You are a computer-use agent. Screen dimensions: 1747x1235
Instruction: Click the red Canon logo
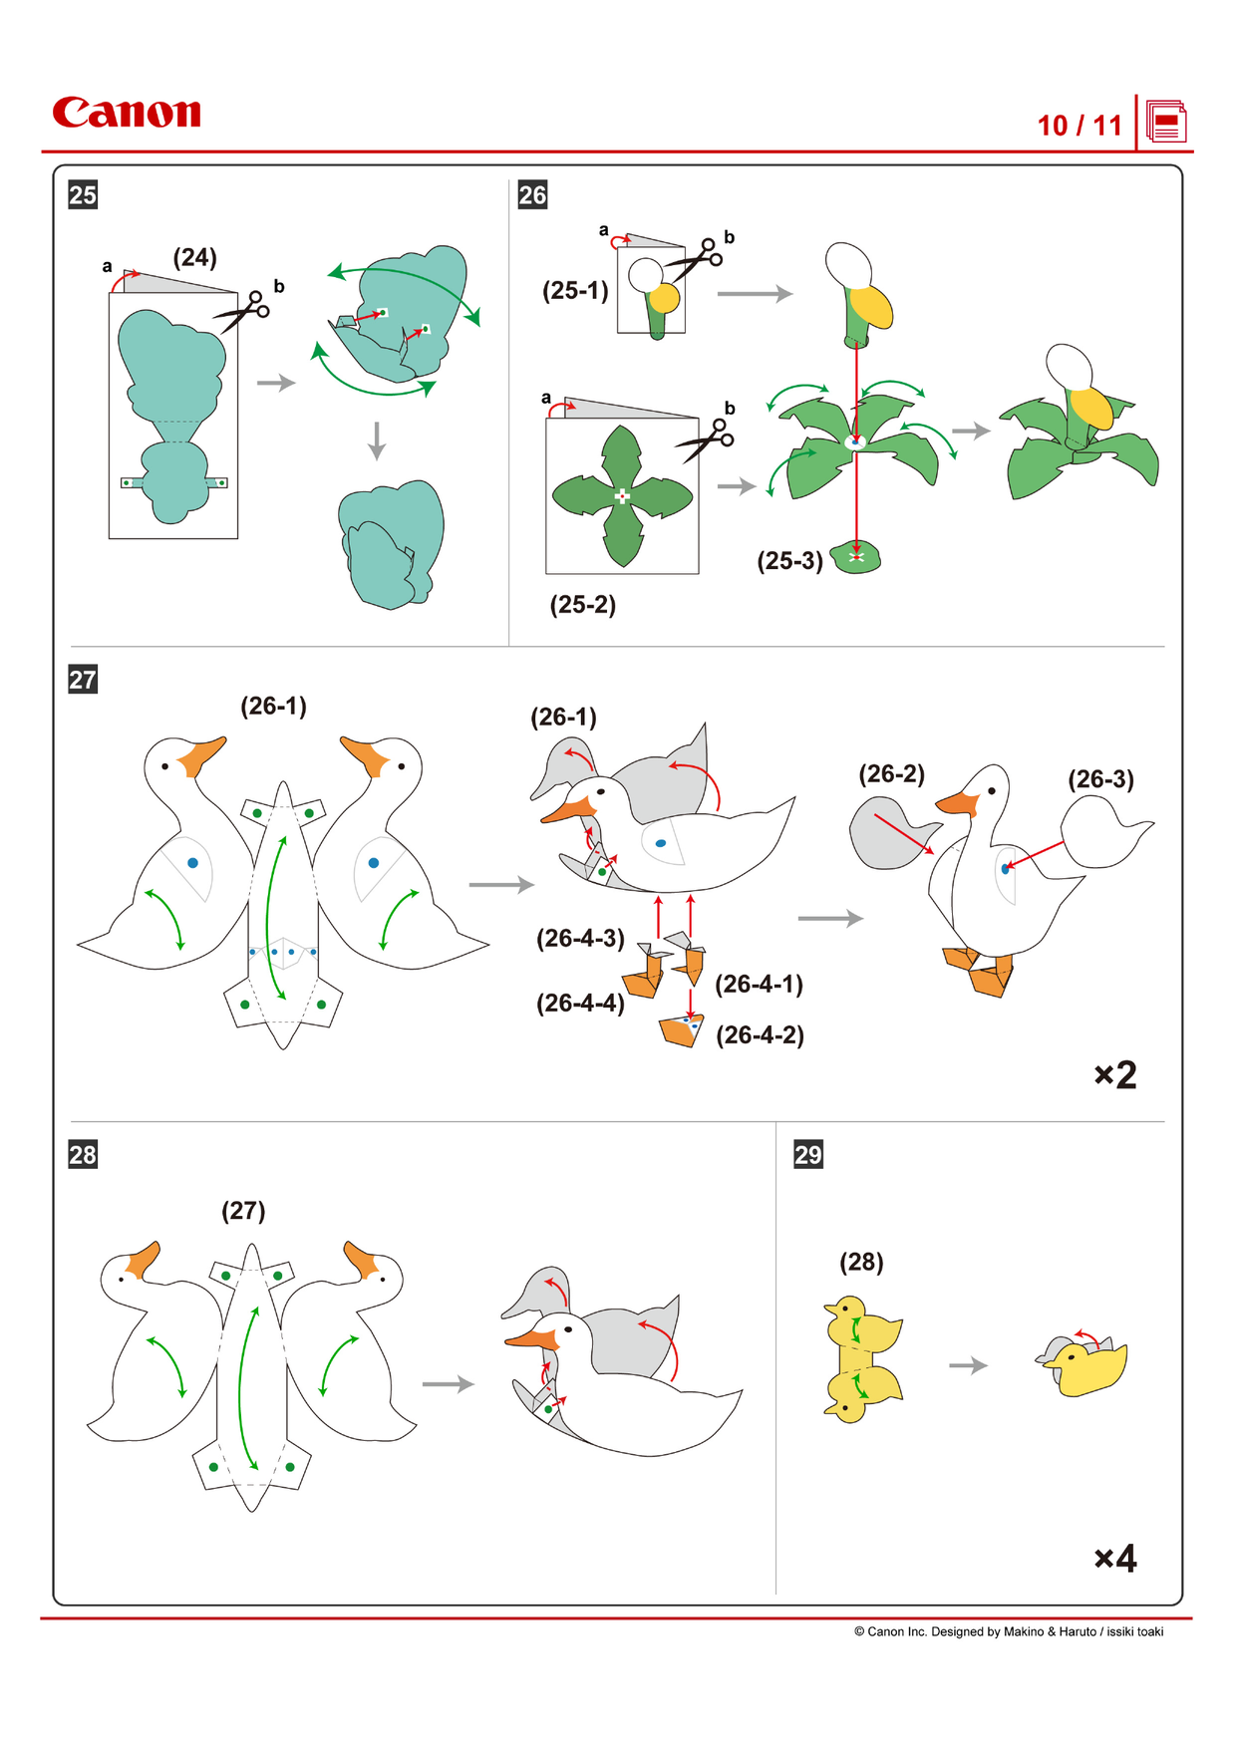coord(127,113)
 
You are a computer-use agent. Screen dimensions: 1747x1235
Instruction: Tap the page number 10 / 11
coord(1080,126)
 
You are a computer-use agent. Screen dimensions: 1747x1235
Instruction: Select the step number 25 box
coord(83,194)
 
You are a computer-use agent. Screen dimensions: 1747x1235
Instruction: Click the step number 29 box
coord(807,1154)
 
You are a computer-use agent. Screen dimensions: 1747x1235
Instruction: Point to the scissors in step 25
coord(242,311)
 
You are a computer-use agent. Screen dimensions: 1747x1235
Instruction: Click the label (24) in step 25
coord(194,258)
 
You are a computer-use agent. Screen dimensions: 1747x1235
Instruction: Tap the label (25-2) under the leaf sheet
coord(583,605)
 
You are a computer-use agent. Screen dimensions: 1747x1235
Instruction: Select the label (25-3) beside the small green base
coord(789,561)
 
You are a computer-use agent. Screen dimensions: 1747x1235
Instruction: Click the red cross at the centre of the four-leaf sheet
coord(622,495)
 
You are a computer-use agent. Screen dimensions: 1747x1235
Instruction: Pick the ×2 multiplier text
coord(1114,1074)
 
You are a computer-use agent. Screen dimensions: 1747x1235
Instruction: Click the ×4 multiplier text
coord(1114,1558)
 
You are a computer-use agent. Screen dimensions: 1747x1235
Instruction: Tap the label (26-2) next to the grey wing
coord(891,774)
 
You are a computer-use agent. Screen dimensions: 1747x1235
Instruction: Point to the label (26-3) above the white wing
coord(1100,779)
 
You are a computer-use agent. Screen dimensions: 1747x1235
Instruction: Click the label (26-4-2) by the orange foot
coord(760,1035)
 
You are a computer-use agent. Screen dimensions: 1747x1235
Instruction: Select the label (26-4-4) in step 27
coord(580,1004)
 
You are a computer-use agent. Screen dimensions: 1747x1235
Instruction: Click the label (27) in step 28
coord(243,1211)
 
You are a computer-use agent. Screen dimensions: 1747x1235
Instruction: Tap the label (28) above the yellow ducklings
coord(861,1263)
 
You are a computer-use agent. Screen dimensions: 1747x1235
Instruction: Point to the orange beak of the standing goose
coord(958,802)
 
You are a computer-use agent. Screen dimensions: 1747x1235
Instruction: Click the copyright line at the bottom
coord(1008,1631)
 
